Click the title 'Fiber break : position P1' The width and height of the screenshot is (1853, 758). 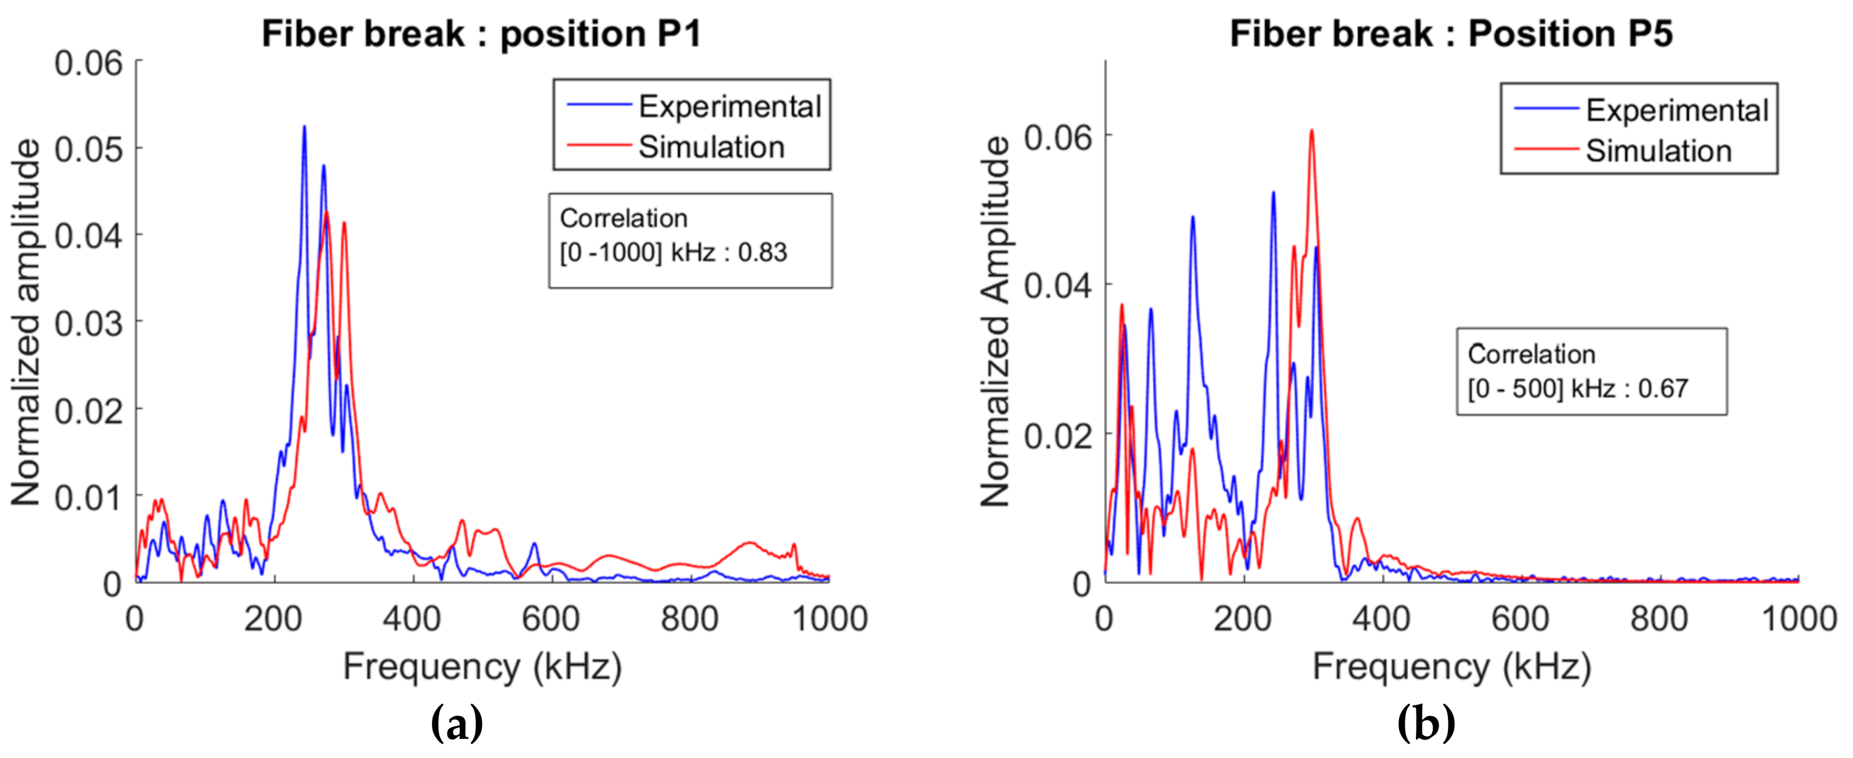(x=481, y=34)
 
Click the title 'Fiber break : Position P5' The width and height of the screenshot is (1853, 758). (x=1451, y=34)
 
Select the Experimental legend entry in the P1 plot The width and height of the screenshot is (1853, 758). (x=729, y=106)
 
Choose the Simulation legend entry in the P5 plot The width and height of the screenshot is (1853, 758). (x=1658, y=151)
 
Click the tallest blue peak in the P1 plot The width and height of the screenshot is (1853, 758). (x=304, y=128)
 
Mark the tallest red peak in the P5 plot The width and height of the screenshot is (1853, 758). (x=1312, y=131)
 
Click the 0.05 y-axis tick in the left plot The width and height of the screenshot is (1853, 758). (x=88, y=149)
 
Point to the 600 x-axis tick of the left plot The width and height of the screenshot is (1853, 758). (x=551, y=618)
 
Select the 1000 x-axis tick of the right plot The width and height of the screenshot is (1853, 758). (x=1798, y=618)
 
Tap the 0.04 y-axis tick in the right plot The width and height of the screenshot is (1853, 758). (x=1057, y=285)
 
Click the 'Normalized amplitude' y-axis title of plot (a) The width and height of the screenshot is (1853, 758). (x=26, y=322)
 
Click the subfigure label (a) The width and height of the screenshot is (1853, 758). (x=456, y=723)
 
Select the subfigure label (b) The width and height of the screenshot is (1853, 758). (x=1426, y=723)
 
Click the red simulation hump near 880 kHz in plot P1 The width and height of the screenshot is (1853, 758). (x=750, y=544)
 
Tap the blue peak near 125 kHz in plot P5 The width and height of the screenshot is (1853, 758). (x=1192, y=218)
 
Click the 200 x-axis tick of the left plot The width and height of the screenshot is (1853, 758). (x=273, y=618)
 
